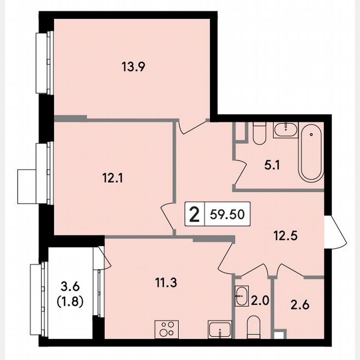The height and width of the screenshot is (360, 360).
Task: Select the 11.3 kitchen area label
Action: (166, 284)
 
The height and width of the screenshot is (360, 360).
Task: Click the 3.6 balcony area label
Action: (70, 287)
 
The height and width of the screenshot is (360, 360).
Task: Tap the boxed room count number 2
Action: (194, 215)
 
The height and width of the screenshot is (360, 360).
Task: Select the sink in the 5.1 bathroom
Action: (285, 130)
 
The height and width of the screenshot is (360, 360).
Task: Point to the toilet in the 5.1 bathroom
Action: (259, 132)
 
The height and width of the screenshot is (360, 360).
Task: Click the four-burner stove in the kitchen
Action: (166, 330)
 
